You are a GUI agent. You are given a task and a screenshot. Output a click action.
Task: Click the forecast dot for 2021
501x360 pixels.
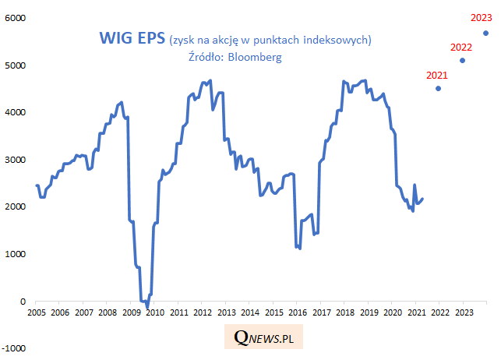(438, 89)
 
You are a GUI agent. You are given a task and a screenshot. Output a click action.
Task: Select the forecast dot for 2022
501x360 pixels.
(463, 61)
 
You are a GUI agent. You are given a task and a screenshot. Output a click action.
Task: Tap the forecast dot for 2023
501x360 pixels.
(486, 34)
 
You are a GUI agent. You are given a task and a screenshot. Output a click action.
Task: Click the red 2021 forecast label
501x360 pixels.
(437, 76)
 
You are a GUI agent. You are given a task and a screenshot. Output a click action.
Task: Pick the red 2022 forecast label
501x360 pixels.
(462, 48)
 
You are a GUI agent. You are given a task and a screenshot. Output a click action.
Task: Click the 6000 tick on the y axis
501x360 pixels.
(16, 18)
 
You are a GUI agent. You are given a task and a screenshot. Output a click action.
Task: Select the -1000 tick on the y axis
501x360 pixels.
(14, 348)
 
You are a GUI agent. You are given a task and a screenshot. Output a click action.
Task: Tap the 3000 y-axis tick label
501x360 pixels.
(16, 160)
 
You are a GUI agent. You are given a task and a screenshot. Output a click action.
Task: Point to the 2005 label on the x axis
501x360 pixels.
(37, 313)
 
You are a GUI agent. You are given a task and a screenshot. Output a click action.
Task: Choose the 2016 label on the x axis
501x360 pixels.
(296, 313)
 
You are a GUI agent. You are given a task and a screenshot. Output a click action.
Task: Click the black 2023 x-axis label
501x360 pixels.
(462, 313)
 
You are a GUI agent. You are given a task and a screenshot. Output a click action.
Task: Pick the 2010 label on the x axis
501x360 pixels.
(154, 313)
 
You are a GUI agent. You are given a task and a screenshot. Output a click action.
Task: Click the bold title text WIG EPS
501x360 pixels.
(131, 38)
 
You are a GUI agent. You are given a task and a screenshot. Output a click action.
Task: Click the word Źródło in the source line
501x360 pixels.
(206, 57)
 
